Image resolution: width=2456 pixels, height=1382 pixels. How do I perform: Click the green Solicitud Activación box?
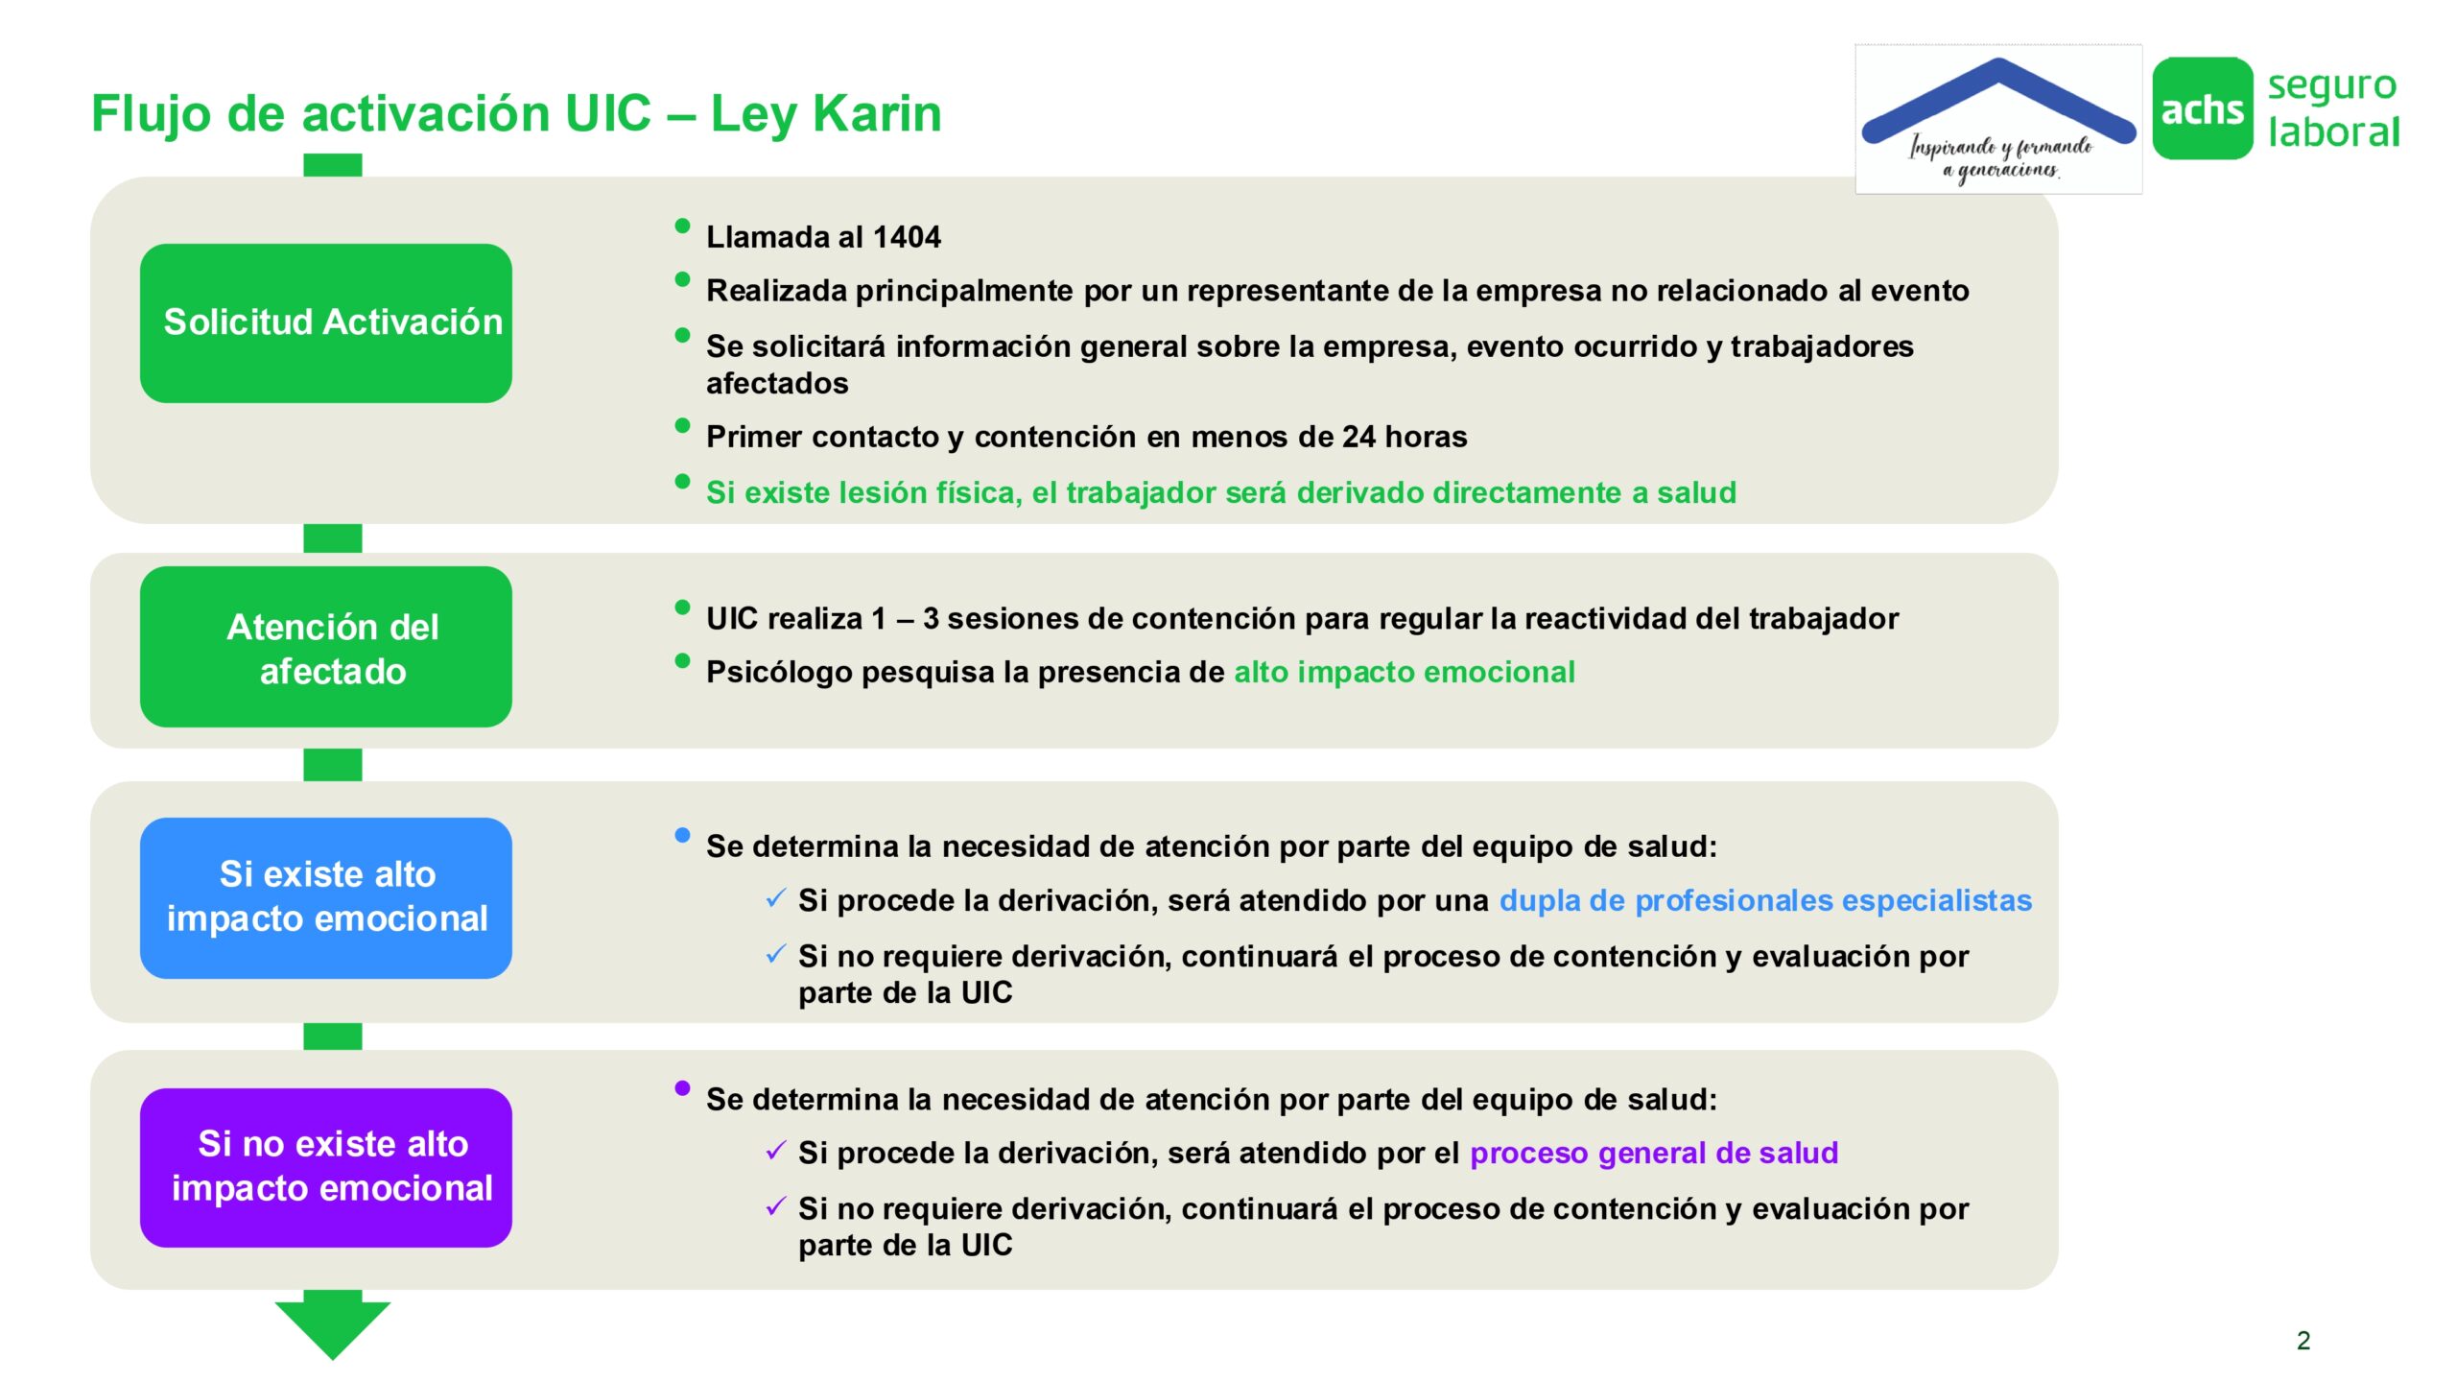(x=326, y=322)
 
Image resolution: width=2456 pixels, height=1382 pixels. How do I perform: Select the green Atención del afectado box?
(x=326, y=647)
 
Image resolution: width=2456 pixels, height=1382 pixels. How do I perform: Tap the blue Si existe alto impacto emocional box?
(x=326, y=898)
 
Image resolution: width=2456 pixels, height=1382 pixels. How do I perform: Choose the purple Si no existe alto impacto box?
(x=326, y=1168)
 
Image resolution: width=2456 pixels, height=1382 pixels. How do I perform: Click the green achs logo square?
(x=2203, y=108)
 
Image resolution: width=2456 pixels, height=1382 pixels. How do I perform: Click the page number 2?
(x=2303, y=1341)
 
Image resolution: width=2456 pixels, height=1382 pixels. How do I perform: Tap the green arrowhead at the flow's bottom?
(x=333, y=1329)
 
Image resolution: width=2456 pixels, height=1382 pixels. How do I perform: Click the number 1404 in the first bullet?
(x=907, y=237)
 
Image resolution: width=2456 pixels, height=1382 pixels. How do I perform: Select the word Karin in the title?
(x=878, y=113)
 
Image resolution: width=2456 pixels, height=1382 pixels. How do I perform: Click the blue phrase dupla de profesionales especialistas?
(x=1765, y=900)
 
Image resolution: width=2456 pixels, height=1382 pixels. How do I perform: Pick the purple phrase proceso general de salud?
(x=1654, y=1153)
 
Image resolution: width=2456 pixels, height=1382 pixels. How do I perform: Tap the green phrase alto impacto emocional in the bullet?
(x=1405, y=672)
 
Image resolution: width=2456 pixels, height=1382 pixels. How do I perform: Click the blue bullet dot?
(x=682, y=835)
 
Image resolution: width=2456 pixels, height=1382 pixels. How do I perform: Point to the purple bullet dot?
(x=682, y=1088)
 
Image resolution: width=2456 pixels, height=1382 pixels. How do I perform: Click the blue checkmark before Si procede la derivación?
(x=776, y=899)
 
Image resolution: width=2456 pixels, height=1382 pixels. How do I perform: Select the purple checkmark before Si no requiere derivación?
(x=776, y=1206)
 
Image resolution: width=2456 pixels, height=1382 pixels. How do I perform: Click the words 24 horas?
(x=1405, y=437)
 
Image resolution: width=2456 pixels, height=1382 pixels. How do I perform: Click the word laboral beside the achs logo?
(x=2333, y=132)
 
